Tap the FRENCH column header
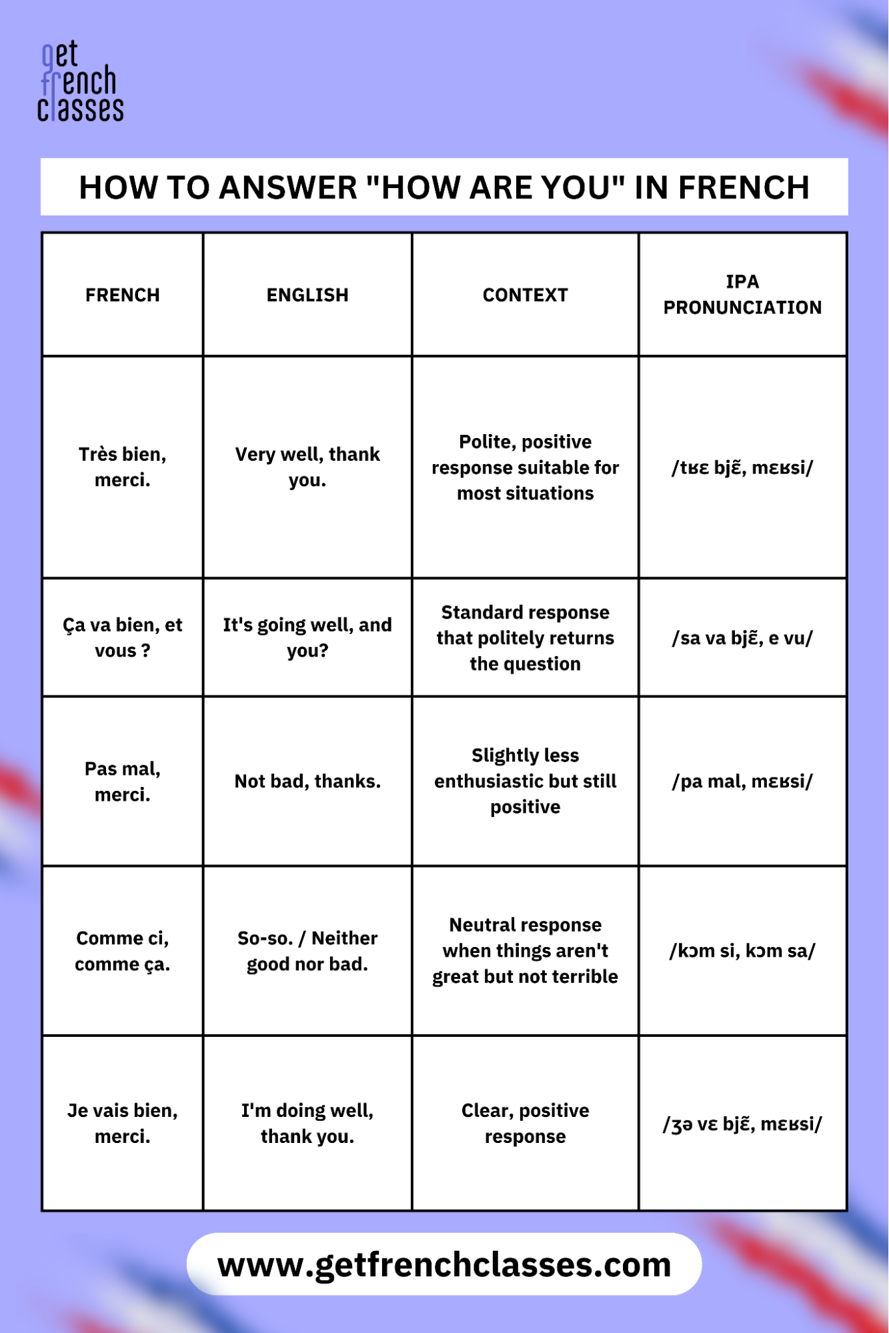click(123, 295)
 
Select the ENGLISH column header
click(307, 295)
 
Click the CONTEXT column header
click(525, 295)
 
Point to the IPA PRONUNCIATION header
click(742, 294)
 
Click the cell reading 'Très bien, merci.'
click(123, 467)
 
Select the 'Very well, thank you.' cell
click(307, 467)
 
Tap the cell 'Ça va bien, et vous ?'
click(123, 637)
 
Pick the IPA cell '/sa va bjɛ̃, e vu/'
click(742, 638)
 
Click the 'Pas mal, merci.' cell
click(123, 782)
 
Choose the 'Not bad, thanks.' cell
click(307, 782)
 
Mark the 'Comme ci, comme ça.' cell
click(123, 951)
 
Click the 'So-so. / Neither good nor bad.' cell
click(307, 951)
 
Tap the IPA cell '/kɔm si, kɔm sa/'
click(742, 951)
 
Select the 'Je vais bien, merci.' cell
click(123, 1123)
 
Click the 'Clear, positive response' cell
click(525, 1123)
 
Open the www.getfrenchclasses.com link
click(444, 1264)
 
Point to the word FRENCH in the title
click(744, 187)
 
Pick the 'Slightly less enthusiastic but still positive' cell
click(525, 781)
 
